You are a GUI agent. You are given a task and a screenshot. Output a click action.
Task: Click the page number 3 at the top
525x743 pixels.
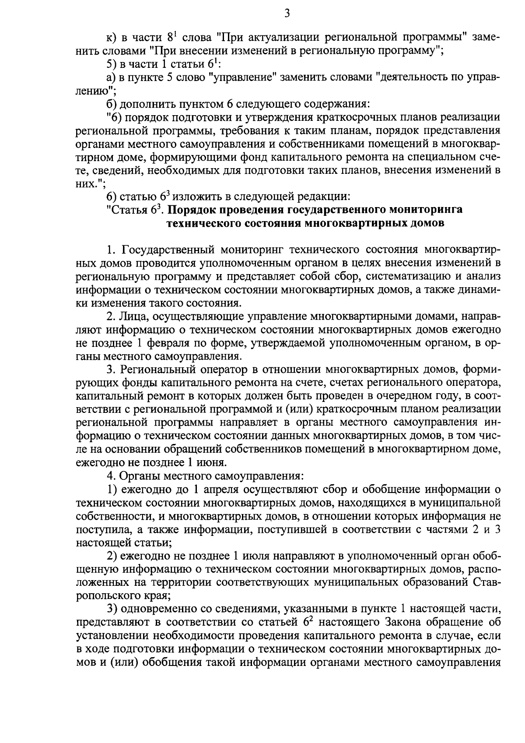(x=287, y=14)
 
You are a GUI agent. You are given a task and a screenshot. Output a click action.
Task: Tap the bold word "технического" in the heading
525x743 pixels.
(x=203, y=223)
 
